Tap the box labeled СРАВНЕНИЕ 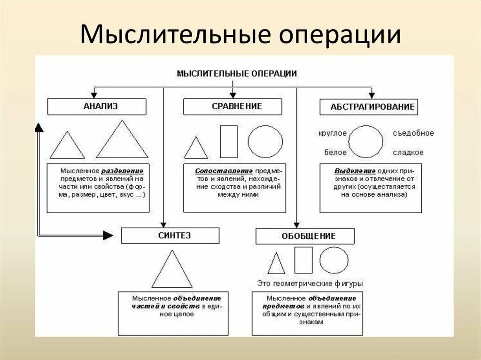coord(233,107)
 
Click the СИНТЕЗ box coord(170,236)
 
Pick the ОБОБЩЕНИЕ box coord(305,236)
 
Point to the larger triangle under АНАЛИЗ coord(122,141)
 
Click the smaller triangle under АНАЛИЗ coord(67,146)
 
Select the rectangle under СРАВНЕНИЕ coord(229,141)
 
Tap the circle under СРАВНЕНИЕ coord(265,141)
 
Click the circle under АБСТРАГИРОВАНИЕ coord(365,141)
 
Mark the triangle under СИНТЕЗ coord(172,271)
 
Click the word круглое coord(332,133)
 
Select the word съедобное coord(413,133)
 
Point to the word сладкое coord(408,153)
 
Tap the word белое coord(335,153)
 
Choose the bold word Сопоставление coord(224,171)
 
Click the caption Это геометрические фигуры coord(310,284)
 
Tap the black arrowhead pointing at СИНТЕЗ coord(108,235)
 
